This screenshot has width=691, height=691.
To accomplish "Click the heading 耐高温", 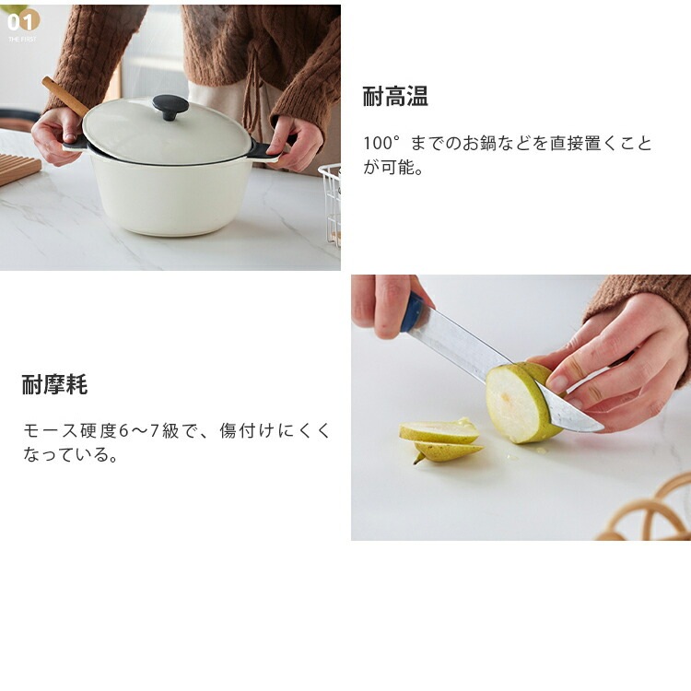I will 395,96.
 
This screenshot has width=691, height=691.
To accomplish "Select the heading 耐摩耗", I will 54,384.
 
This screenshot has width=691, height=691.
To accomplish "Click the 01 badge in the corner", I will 22,21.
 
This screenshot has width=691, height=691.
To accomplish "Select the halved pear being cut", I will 521,402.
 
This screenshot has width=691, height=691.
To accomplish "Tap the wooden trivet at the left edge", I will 18,169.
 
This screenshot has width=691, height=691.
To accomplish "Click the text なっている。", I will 71,454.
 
